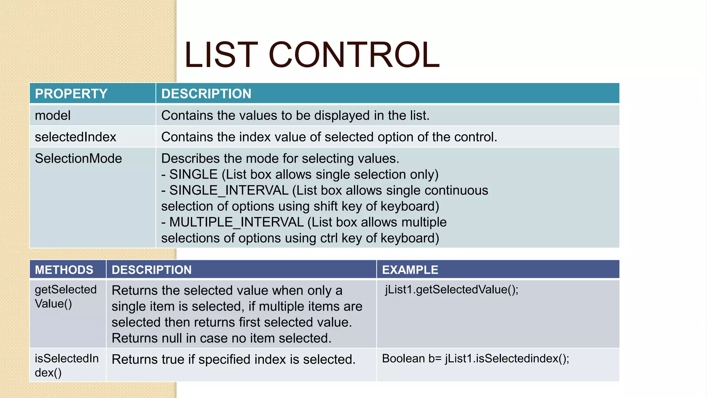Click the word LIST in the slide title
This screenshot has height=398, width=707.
point(221,55)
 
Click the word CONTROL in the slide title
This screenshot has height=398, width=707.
point(354,55)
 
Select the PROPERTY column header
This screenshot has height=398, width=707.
point(71,94)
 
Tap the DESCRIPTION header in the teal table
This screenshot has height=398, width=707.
point(206,94)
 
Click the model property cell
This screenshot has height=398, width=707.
point(53,115)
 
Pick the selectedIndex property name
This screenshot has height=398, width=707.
point(75,137)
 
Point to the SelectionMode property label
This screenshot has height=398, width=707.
point(78,159)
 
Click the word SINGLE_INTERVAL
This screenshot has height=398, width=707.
point(229,190)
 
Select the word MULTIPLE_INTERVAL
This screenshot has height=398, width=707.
point(236,222)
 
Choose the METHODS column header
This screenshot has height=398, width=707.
point(64,270)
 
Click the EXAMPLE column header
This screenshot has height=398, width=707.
point(410,270)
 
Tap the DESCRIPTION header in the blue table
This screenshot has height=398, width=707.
point(151,270)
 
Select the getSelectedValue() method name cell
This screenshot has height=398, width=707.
point(66,296)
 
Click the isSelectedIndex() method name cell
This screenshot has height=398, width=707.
point(66,365)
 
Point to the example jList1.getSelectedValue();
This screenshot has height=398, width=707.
point(452,290)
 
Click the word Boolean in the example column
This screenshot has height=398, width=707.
point(403,359)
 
